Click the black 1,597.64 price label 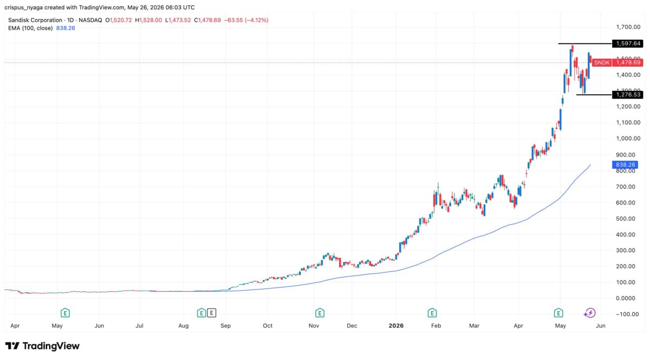pyautogui.click(x=627, y=43)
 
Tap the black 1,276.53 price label pyautogui.click(x=627, y=95)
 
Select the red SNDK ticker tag pyautogui.click(x=602, y=63)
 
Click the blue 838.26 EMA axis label pyautogui.click(x=625, y=165)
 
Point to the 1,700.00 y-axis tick pyautogui.click(x=628, y=27)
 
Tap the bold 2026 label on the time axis pyautogui.click(x=396, y=325)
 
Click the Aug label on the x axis pyautogui.click(x=184, y=326)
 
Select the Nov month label pyautogui.click(x=314, y=326)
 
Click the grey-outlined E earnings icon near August pyautogui.click(x=212, y=313)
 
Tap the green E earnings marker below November pyautogui.click(x=320, y=313)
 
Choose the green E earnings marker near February pyautogui.click(x=432, y=313)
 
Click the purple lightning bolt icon pyautogui.click(x=590, y=313)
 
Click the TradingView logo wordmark pyautogui.click(x=42, y=346)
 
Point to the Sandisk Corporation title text pyautogui.click(x=35, y=20)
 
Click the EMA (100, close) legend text pyautogui.click(x=30, y=28)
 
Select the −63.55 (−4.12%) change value pyautogui.click(x=246, y=20)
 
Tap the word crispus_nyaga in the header pyautogui.click(x=24, y=7)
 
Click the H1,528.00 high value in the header pyautogui.click(x=148, y=20)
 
